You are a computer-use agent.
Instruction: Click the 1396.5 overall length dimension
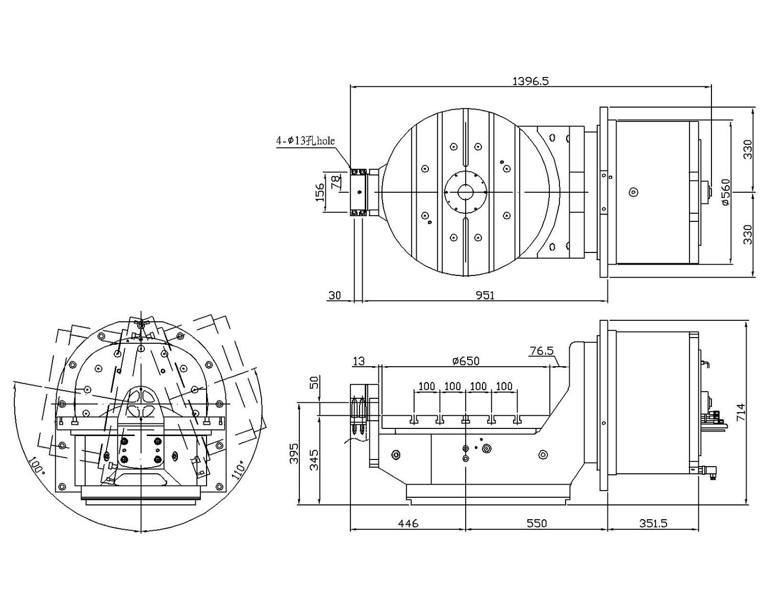[530, 81]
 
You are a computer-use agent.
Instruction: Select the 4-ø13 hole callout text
[305, 141]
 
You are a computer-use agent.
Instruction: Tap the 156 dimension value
[320, 193]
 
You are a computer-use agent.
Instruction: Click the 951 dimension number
[485, 295]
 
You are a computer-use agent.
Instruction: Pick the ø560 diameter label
[726, 192]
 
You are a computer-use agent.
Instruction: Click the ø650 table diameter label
[466, 361]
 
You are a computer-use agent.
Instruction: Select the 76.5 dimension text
[542, 351]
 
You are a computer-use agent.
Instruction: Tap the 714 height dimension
[741, 412]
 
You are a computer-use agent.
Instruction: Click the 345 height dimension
[315, 460]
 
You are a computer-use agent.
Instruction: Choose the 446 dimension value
[408, 523]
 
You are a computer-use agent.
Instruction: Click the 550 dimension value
[537, 523]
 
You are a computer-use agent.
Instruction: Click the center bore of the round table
[465, 192]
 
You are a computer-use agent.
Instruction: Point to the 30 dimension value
[335, 295]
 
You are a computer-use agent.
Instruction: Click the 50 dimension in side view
[315, 382]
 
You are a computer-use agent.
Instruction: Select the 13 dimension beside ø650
[359, 361]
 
